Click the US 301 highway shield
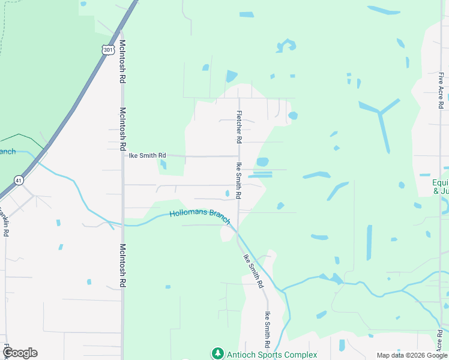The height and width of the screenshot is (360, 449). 108,50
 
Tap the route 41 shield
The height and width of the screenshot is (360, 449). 19,179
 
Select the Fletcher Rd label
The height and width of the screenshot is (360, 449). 239,127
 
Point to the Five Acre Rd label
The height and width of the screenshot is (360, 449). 441,90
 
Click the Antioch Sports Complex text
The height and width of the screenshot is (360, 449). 272,355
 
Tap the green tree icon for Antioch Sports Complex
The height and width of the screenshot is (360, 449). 218,354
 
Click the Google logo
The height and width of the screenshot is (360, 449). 20,353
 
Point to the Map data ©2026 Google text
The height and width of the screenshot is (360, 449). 411,355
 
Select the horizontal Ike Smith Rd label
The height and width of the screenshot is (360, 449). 147,155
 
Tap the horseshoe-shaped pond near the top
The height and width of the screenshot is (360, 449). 286,45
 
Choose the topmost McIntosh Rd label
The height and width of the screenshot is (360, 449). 122,61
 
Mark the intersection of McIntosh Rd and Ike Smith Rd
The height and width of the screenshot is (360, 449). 123,155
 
